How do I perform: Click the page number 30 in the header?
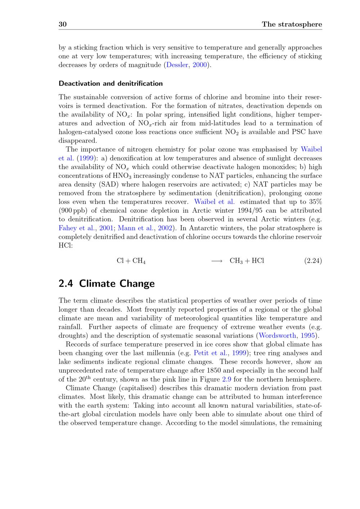63,24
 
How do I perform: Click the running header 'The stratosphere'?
292,24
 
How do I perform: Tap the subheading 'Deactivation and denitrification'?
111,83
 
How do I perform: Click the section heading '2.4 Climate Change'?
107,283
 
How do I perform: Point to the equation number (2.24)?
313,261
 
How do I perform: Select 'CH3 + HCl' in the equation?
247,261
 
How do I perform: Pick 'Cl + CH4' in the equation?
131,261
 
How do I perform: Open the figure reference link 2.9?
227,379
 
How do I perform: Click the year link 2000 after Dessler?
200,65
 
